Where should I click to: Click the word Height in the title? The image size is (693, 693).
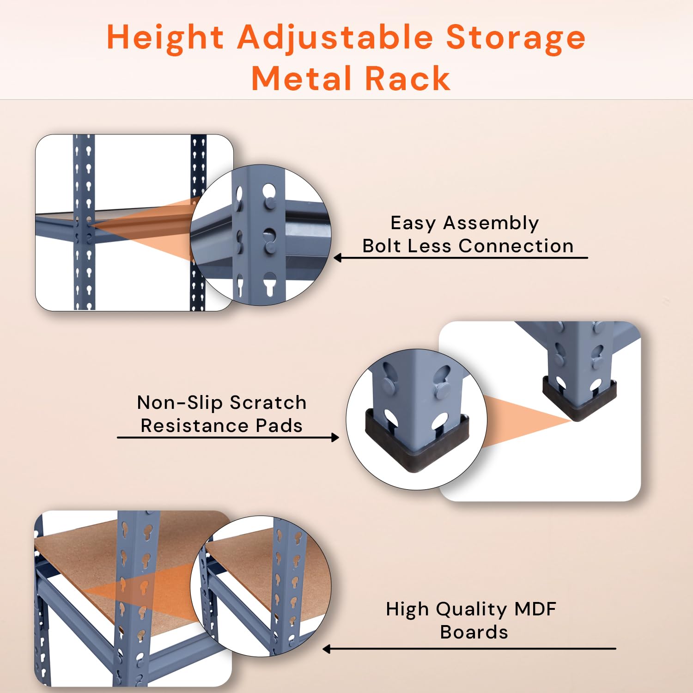click(165, 37)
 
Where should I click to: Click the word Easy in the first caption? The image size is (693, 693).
click(413, 224)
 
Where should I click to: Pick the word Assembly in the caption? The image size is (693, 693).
click(491, 224)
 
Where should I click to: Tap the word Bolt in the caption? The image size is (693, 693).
click(382, 246)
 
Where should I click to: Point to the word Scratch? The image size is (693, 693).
click(268, 402)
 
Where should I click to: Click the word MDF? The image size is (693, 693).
click(535, 609)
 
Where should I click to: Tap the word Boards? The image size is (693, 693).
click(474, 632)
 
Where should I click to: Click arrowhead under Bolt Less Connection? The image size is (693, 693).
click(338, 258)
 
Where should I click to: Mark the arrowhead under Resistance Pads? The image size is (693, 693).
click(335, 437)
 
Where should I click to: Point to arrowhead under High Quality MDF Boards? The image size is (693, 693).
click(327, 649)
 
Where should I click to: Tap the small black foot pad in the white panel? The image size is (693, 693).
click(579, 399)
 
